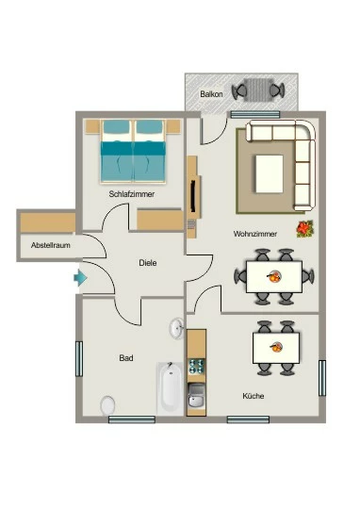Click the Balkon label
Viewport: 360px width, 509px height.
point(211,94)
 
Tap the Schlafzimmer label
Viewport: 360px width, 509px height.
point(132,194)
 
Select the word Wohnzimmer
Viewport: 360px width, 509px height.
point(255,234)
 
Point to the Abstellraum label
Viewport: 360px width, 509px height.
point(51,245)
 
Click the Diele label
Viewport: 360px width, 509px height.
point(148,263)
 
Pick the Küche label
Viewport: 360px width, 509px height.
point(254,396)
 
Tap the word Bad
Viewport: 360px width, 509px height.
point(126,358)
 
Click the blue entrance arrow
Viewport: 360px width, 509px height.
point(80,278)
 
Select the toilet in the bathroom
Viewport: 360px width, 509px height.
point(107,405)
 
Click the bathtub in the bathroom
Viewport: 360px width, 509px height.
point(171,388)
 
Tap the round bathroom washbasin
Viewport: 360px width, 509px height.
point(176,328)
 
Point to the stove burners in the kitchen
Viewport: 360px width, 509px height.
point(197,366)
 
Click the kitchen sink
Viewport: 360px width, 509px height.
point(197,395)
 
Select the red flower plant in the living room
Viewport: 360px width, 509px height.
point(304,229)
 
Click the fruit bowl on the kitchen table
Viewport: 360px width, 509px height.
point(276,347)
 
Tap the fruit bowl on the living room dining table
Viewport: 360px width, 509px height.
point(274,276)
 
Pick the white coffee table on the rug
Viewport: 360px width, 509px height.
point(270,173)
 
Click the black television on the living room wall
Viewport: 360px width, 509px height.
point(194,196)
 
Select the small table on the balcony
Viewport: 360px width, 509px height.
point(258,90)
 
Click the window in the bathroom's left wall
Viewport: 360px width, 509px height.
point(79,359)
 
